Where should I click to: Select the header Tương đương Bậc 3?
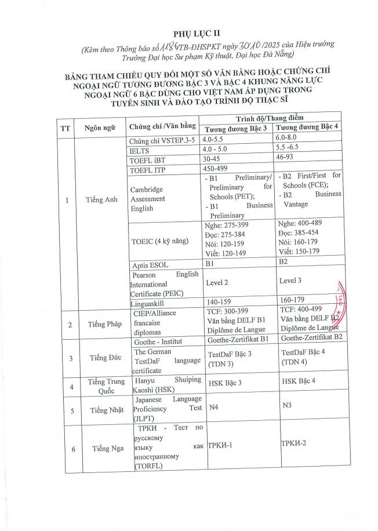pos(234,128)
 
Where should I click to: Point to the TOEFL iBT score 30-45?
pos(212,158)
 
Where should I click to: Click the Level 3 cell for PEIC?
pos(290,281)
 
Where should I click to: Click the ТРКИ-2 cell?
pos(293,443)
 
